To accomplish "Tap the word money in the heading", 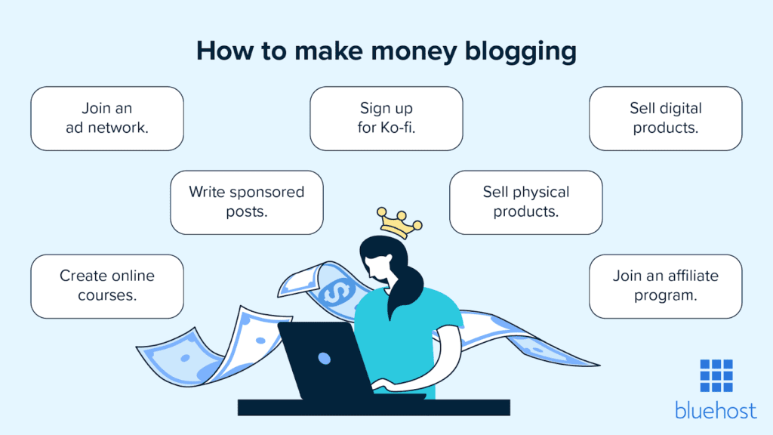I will click(x=411, y=51).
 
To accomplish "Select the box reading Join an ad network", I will click(x=107, y=119).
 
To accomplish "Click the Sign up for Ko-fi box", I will click(x=386, y=119).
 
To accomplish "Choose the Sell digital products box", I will click(x=665, y=119).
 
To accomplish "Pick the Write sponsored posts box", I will click(x=246, y=202).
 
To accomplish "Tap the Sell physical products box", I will click(x=525, y=202).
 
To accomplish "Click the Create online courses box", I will click(x=107, y=285).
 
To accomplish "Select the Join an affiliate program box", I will click(x=665, y=285).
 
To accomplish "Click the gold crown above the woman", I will click(x=400, y=223).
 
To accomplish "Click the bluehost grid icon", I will click(x=716, y=375).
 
